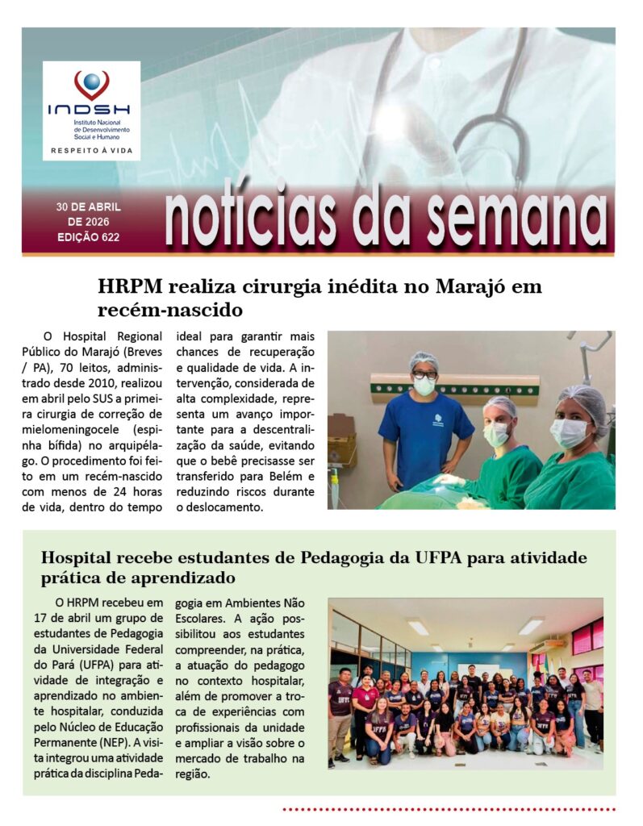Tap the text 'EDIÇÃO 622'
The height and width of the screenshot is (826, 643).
pyautogui.click(x=89, y=237)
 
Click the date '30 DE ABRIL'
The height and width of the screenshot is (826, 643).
pyautogui.click(x=89, y=207)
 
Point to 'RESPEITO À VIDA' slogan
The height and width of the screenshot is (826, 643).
pyautogui.click(x=91, y=150)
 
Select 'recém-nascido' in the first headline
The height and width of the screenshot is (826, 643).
pyautogui.click(x=170, y=309)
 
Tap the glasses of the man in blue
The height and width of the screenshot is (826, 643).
pyautogui.click(x=424, y=374)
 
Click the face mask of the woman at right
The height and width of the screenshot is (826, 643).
pyautogui.click(x=569, y=433)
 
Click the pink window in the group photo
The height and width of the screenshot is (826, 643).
pyautogui.click(x=587, y=637)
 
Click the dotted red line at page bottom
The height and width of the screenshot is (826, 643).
pyautogui.click(x=448, y=807)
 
